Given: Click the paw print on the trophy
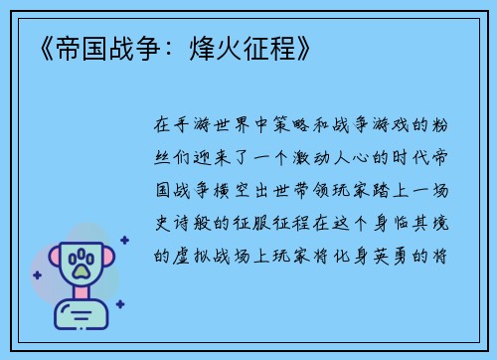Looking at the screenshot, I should [82, 264].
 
